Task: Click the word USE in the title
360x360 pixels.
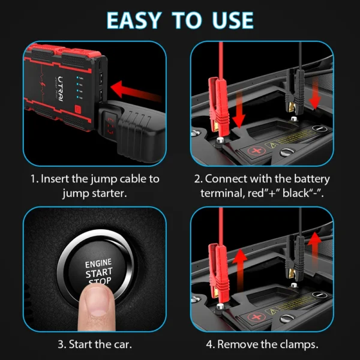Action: (x=230, y=19)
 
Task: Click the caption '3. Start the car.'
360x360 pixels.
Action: (x=95, y=344)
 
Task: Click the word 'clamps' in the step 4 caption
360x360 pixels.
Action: (x=299, y=344)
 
